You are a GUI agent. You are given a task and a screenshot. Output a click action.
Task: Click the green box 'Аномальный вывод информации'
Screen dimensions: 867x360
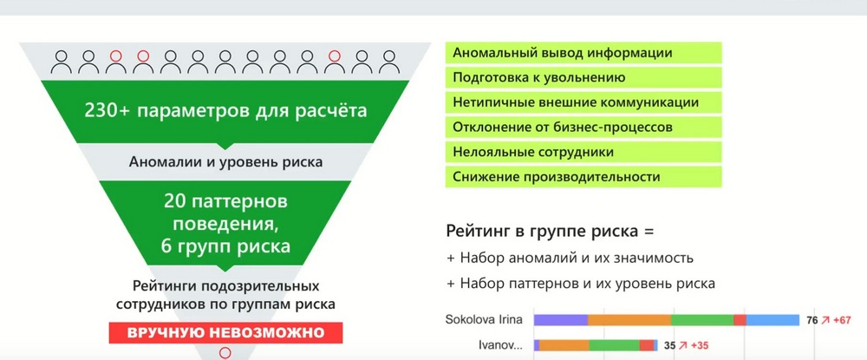(x=583, y=53)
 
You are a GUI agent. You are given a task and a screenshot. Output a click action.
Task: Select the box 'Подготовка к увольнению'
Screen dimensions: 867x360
(x=583, y=77)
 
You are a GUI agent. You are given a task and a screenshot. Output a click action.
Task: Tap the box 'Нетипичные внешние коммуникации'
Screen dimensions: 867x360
(x=583, y=102)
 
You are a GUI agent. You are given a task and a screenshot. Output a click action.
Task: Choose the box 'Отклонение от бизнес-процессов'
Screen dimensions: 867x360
(x=583, y=128)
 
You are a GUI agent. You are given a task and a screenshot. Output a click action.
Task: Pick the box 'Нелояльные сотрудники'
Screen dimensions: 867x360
(x=583, y=152)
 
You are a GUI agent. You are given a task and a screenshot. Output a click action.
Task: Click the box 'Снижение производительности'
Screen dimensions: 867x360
(x=583, y=177)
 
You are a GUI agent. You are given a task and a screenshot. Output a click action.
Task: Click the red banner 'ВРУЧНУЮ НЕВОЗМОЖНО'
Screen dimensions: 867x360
(x=225, y=333)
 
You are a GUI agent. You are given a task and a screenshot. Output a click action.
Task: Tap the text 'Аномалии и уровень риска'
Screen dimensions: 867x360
(x=225, y=162)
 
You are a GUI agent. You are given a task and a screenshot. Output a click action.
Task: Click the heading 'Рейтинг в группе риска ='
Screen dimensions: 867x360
(x=550, y=231)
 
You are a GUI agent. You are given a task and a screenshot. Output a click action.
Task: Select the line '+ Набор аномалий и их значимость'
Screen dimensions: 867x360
(x=570, y=258)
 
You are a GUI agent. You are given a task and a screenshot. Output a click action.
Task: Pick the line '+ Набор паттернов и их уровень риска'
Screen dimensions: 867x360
(x=581, y=283)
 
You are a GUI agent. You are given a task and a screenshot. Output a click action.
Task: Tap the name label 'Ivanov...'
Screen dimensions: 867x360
(x=500, y=345)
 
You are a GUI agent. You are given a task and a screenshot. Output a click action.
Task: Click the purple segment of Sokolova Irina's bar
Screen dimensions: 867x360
(x=561, y=320)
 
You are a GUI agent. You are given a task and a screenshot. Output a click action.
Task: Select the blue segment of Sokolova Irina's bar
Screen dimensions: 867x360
(x=773, y=320)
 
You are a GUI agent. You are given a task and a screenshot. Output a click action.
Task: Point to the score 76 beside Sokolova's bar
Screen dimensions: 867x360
(x=812, y=320)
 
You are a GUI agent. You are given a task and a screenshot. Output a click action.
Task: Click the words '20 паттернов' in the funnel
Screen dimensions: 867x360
(x=225, y=201)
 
